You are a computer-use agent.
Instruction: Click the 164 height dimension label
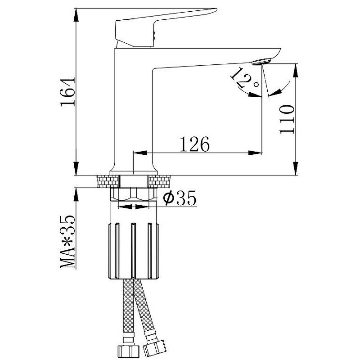(67, 92)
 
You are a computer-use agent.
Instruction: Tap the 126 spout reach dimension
(195, 144)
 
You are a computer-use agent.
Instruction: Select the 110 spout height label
(287, 119)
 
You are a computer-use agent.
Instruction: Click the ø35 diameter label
(180, 198)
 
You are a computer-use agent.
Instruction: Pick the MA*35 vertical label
(67, 242)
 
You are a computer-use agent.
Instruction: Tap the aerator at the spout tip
(261, 62)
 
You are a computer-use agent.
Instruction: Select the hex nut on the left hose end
(128, 351)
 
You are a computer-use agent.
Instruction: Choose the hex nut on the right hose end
(154, 347)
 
